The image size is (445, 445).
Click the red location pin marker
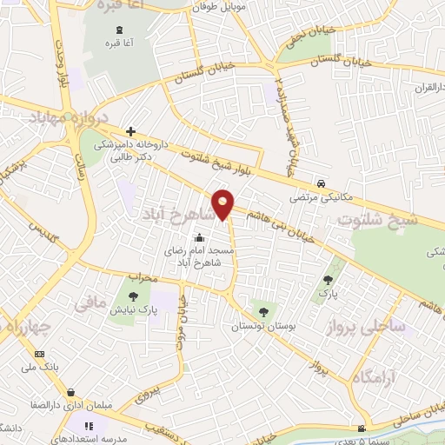(x=223, y=204)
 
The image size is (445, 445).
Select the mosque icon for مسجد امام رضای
(x=199, y=238)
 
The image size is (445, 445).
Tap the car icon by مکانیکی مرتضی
(x=322, y=184)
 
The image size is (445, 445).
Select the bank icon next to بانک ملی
(x=39, y=354)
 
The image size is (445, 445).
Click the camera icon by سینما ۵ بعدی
(x=362, y=428)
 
